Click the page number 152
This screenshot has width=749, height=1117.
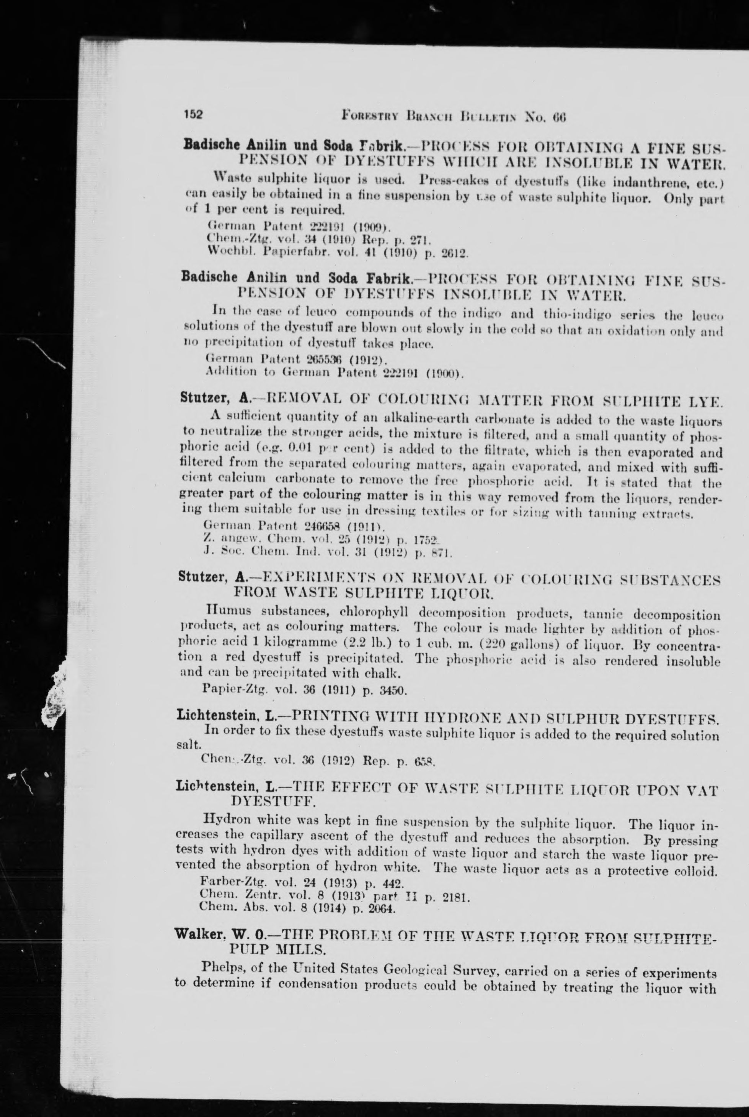tap(194, 115)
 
